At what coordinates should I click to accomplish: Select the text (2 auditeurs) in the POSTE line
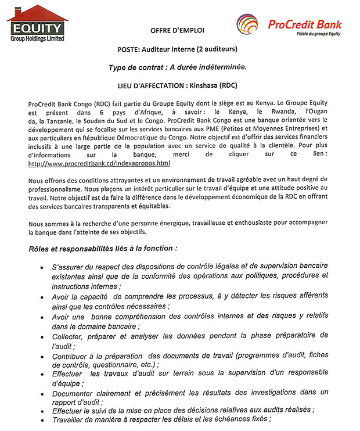pyautogui.click(x=217, y=49)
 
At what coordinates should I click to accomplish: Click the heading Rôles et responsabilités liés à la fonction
pyautogui.click(x=103, y=249)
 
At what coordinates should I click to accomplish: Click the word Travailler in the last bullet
pyautogui.click(x=73, y=419)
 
